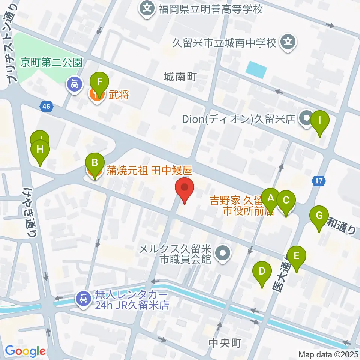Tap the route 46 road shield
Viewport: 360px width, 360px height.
pyautogui.click(x=46, y=107)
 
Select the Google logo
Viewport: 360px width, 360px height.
pyautogui.click(x=25, y=351)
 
